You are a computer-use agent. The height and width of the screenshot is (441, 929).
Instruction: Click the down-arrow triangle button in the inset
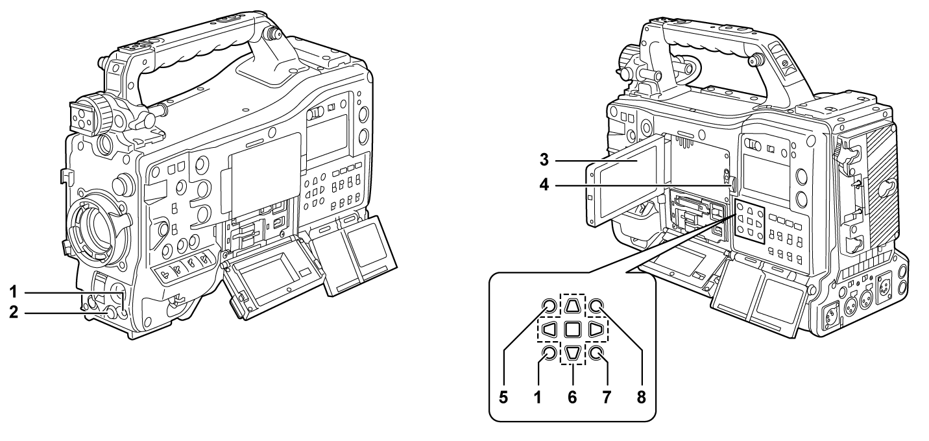tap(572, 353)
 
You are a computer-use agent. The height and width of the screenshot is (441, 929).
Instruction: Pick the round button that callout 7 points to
tap(596, 353)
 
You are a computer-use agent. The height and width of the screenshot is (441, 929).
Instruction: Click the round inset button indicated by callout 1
tap(549, 353)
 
